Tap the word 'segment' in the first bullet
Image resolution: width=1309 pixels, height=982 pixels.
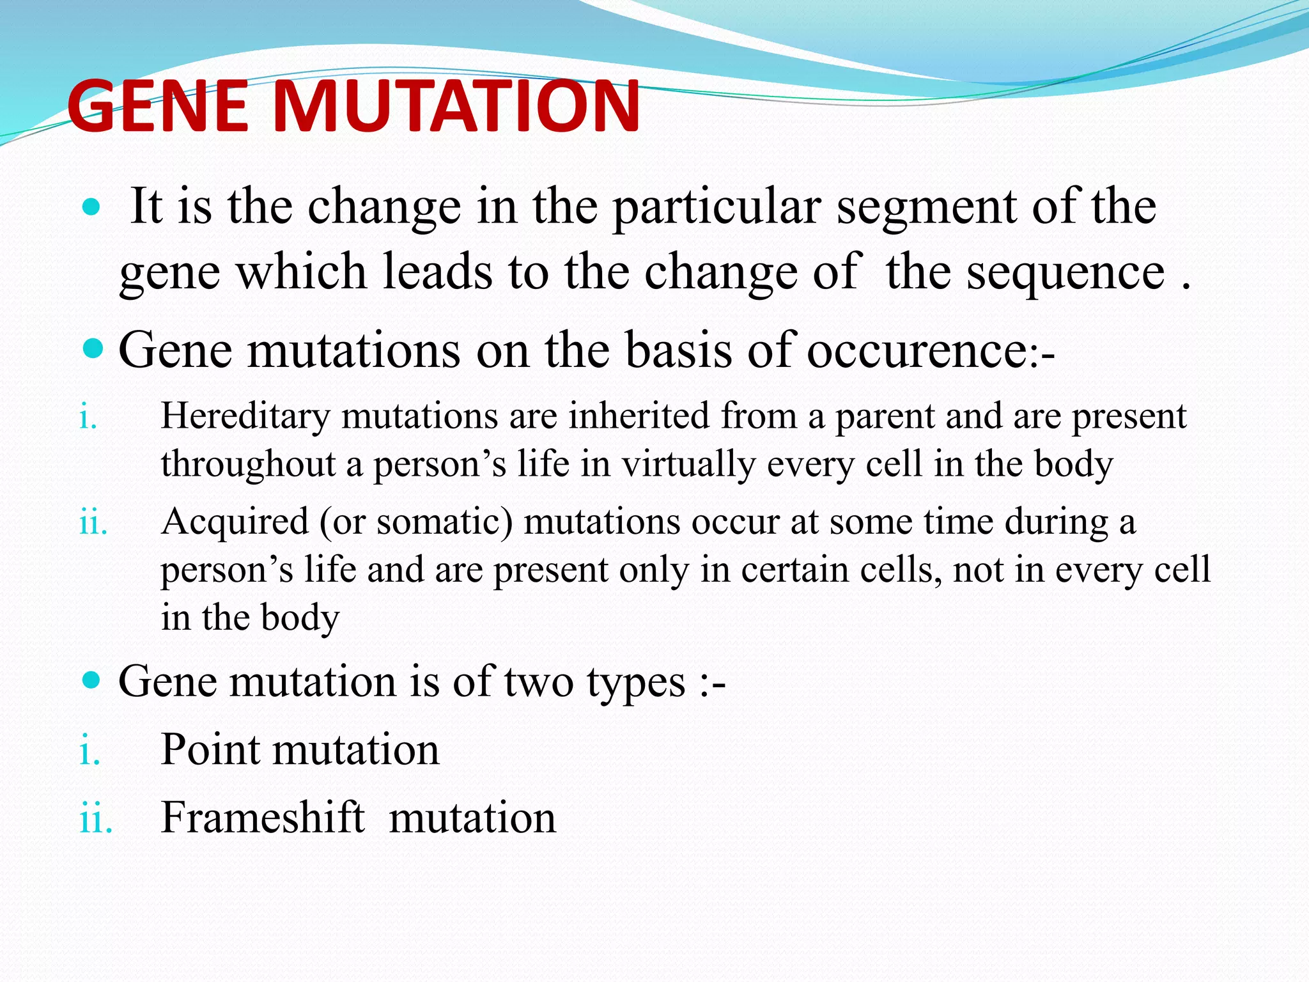click(x=926, y=208)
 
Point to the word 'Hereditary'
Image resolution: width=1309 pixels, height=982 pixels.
click(x=245, y=416)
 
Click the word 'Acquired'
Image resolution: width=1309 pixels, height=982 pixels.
click(x=235, y=522)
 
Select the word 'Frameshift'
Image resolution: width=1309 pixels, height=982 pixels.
click(x=263, y=818)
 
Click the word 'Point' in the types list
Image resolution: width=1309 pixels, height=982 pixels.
click(x=210, y=749)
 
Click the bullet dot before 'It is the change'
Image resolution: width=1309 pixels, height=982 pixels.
click(x=92, y=207)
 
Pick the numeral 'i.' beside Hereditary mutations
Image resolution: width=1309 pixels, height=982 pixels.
click(x=88, y=417)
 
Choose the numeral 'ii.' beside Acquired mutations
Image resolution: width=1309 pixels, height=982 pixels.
click(x=93, y=523)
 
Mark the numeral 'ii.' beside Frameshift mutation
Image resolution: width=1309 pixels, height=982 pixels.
click(x=96, y=819)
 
